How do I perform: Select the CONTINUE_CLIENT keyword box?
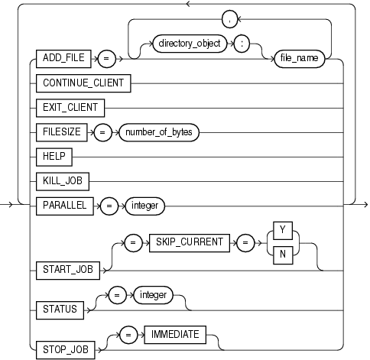pyautogui.click(x=82, y=81)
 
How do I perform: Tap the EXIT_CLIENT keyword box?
pyautogui.click(x=70, y=106)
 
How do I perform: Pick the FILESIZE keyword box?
pyautogui.click(x=63, y=131)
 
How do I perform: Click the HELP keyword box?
pyautogui.click(x=55, y=156)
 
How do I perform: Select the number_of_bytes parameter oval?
pyautogui.click(x=157, y=131)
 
